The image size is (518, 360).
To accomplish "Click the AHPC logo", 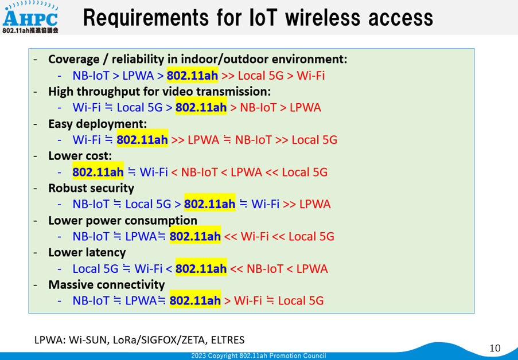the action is [x=30, y=17].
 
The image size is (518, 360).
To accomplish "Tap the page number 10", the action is [x=495, y=348].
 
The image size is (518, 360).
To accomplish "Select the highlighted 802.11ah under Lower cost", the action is [x=98, y=172].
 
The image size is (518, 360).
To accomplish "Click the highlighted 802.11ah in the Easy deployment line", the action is [x=142, y=140].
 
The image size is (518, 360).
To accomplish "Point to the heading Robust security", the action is [x=91, y=188].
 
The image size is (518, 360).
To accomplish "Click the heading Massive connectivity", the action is [x=106, y=285].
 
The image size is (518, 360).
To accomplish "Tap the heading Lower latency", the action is [x=87, y=253].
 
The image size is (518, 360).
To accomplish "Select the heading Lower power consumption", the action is [x=123, y=220].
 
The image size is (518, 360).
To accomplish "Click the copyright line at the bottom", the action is [x=258, y=356].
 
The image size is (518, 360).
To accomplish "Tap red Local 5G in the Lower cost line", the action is [x=305, y=172].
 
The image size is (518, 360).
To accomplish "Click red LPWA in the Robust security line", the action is [x=315, y=204].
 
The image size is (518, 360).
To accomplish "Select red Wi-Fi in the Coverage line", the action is [x=310, y=76].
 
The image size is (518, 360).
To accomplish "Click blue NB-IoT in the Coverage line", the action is [x=91, y=76].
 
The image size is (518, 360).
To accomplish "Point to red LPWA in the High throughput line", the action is [x=305, y=108].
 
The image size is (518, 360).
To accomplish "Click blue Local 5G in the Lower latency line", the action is [x=95, y=268].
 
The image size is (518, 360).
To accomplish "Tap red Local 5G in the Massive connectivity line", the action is [x=301, y=301].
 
